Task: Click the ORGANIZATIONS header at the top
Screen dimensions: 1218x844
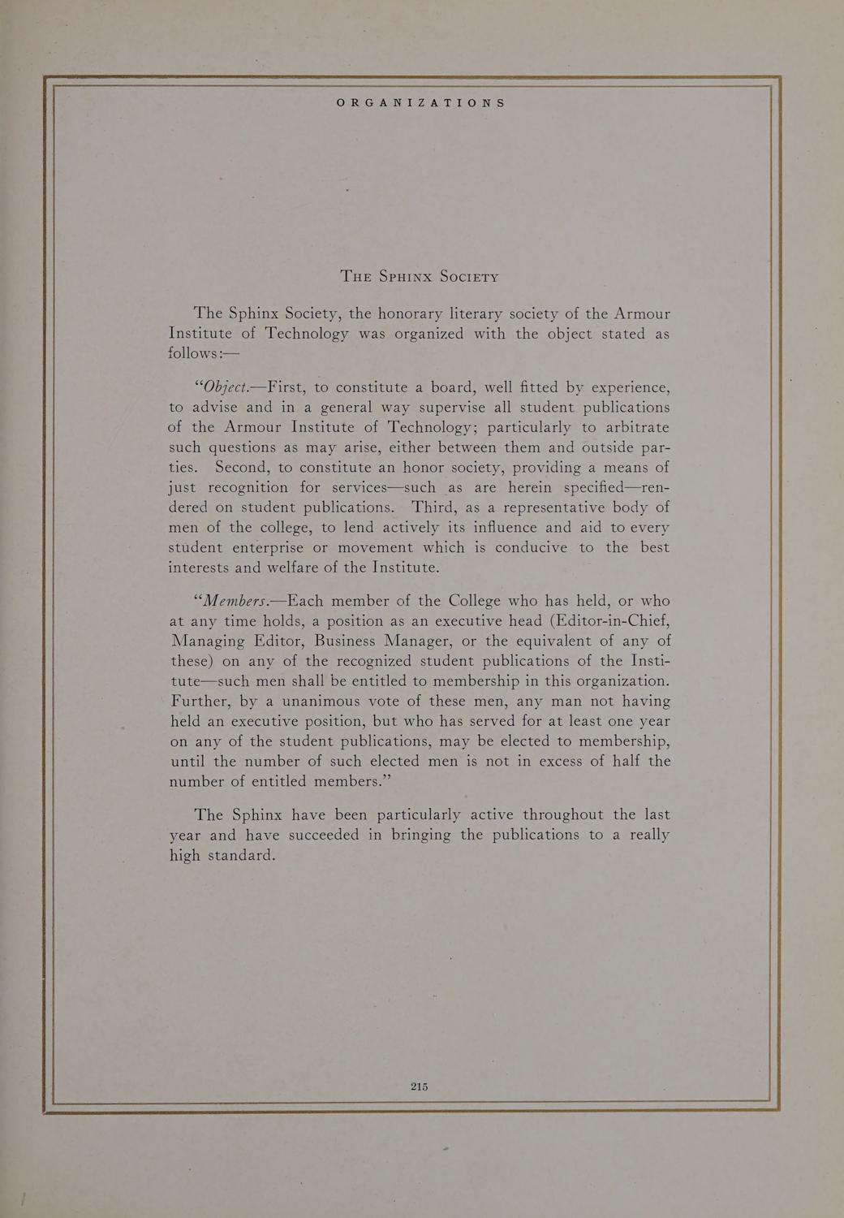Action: coord(421,103)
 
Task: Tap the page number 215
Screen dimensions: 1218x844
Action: coord(419,1086)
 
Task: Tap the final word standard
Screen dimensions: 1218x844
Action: coord(242,855)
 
